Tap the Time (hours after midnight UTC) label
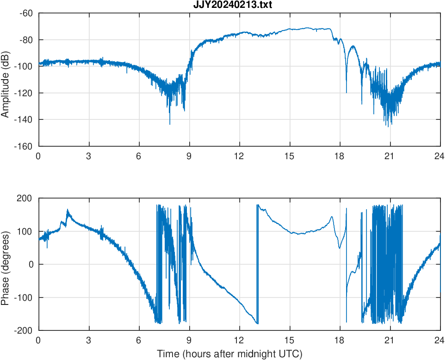click(229, 354)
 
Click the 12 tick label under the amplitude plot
click(239, 156)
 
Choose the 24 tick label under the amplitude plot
click(440, 156)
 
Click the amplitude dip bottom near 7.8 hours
click(170, 124)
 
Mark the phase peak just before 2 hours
click(68, 210)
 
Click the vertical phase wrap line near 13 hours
click(257, 264)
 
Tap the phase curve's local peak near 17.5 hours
click(331, 217)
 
